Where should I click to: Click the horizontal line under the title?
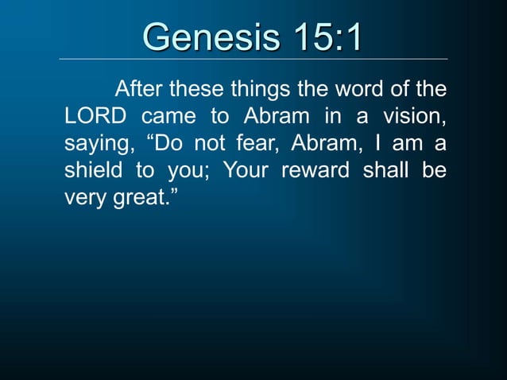(253, 59)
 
